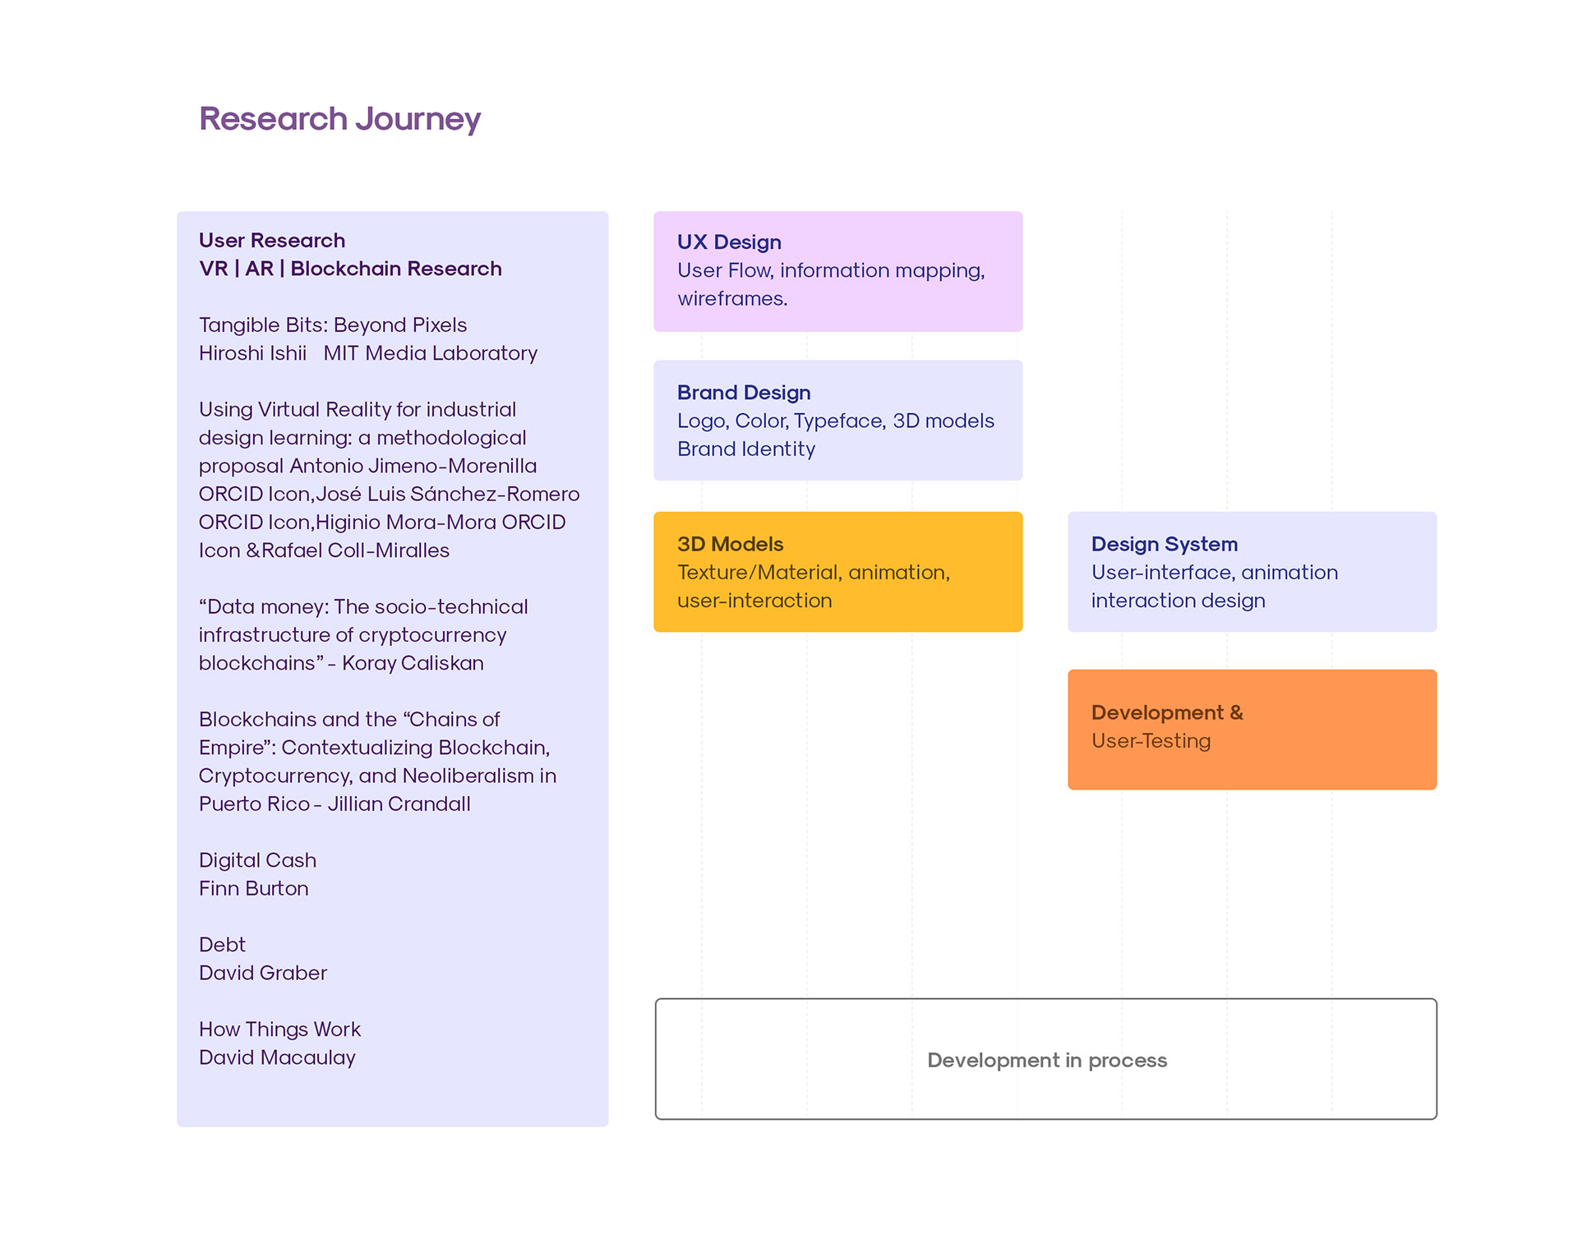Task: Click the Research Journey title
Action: click(339, 119)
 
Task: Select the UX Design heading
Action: click(729, 242)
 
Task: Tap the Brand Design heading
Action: click(744, 393)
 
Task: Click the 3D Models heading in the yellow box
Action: click(730, 544)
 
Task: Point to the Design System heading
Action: click(1164, 544)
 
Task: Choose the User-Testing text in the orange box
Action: click(1151, 741)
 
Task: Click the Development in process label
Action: click(1046, 1060)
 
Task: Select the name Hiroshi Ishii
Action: click(252, 353)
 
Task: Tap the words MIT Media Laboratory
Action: click(430, 353)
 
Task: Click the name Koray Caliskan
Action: click(413, 663)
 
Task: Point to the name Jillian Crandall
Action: click(399, 804)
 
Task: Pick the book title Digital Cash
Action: click(257, 860)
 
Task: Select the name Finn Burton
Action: click(253, 889)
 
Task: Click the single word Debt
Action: click(222, 945)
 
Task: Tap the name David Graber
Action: click(262, 974)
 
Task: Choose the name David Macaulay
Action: click(277, 1058)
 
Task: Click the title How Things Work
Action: click(279, 1029)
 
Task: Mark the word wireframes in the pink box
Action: click(731, 299)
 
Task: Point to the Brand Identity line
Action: click(745, 449)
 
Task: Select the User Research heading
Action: click(272, 241)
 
